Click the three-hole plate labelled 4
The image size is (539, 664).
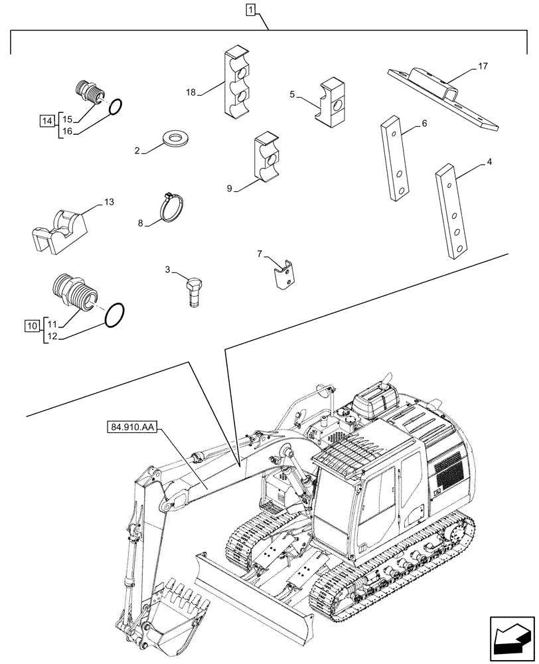(453, 212)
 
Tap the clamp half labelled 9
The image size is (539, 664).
(268, 157)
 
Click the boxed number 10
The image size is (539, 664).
(33, 325)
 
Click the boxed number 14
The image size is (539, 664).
(46, 121)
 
